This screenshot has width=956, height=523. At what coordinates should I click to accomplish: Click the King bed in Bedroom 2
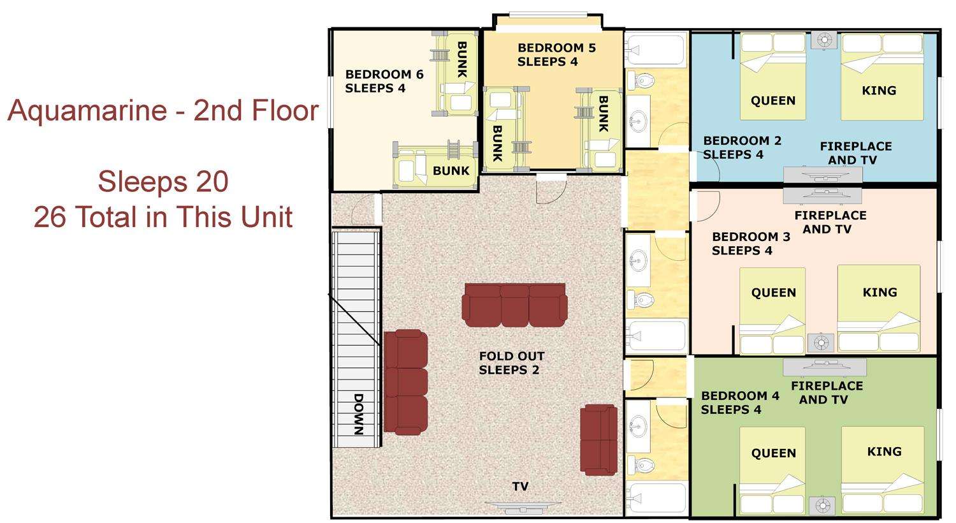coord(882,77)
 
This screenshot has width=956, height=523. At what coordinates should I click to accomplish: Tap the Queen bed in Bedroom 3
coord(772,311)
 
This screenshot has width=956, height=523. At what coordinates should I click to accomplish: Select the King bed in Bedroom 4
coord(883,471)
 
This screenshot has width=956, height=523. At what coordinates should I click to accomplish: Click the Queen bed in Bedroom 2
coord(773,77)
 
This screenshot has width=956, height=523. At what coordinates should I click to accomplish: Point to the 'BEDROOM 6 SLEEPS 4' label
coord(384,81)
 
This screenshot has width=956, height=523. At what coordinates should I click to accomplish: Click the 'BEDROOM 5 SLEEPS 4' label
coord(556,55)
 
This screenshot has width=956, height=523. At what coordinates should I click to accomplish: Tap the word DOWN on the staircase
coord(358,414)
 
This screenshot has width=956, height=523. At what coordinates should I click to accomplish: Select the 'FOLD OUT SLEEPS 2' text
coord(511,363)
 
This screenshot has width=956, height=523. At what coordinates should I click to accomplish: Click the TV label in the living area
coord(520,486)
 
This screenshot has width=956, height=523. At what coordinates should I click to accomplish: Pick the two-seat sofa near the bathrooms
coord(599,439)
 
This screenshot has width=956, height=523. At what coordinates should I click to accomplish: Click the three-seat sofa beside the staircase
coord(405,382)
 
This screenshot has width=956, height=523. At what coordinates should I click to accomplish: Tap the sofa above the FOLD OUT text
coord(515,305)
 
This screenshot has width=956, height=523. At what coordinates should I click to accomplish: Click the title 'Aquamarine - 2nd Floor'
coord(163,110)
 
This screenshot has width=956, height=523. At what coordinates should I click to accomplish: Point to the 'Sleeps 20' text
coord(163,181)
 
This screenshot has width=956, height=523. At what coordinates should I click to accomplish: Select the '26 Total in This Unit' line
coord(163,217)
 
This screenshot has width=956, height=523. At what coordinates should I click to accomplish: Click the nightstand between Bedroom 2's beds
coord(823,41)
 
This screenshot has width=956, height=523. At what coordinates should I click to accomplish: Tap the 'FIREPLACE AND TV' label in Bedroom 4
coord(826,393)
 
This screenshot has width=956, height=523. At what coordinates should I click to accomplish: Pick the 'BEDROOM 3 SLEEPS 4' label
coord(751,244)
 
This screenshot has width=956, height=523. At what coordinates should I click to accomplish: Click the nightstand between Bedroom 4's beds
coord(822,506)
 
